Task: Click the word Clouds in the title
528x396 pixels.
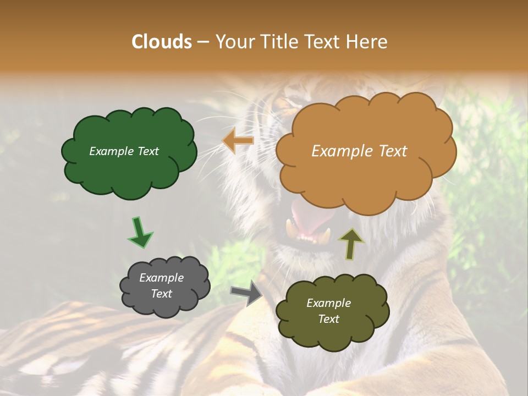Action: point(161,42)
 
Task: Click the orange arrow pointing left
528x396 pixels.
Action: point(238,141)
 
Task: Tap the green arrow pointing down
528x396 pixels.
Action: point(140,233)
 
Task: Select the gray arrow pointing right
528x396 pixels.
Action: point(246,293)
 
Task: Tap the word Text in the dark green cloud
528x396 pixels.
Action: point(147,151)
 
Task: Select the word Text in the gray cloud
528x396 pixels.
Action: point(161,294)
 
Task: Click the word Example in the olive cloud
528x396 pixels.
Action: point(328,303)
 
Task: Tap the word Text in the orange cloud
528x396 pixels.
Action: point(393,151)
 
